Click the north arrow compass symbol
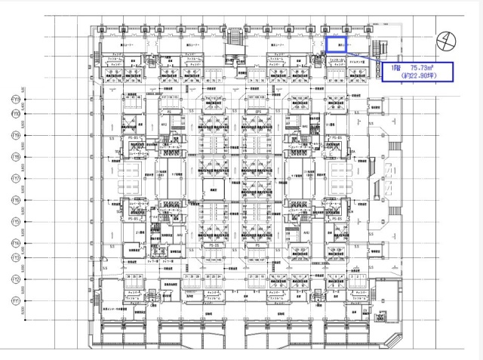(x=448, y=38)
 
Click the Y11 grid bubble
(x=15, y=100)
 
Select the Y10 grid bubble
(x=15, y=115)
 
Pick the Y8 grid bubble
(x=15, y=157)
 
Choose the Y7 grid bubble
(x=15, y=179)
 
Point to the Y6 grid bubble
(x=15, y=201)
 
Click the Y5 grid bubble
(x=15, y=222)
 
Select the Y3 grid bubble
(x=15, y=258)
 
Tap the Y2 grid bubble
(x=15, y=279)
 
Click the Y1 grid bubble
(x=15, y=300)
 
